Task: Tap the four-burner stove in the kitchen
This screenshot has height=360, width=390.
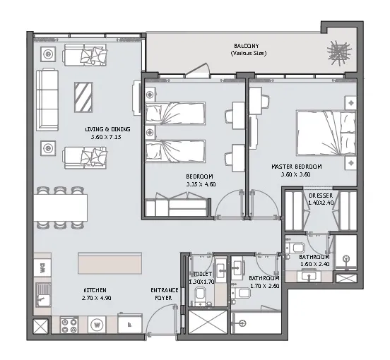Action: pyautogui.click(x=71, y=325)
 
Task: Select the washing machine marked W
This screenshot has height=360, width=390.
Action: pyautogui.click(x=97, y=325)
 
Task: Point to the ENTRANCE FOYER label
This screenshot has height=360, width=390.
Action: pyautogui.click(x=163, y=294)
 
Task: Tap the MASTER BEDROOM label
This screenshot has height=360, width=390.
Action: pyautogui.click(x=296, y=167)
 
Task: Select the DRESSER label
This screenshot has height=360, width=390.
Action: pyautogui.click(x=321, y=196)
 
